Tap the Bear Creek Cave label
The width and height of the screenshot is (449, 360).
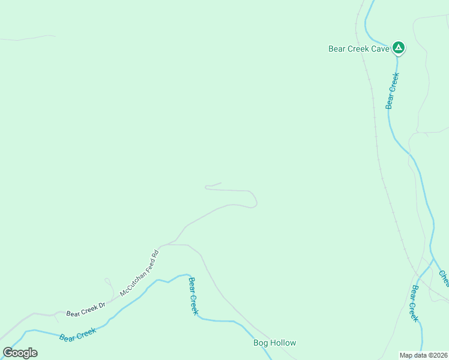coord(359,49)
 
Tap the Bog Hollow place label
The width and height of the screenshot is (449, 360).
coord(274,343)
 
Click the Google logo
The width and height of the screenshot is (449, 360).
coord(20,353)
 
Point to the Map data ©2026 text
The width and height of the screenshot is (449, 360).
coord(423,355)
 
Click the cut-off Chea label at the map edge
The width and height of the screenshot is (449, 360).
coord(444,278)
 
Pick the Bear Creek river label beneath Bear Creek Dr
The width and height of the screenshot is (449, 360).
coord(77,335)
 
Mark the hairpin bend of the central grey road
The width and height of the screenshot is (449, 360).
coord(255,199)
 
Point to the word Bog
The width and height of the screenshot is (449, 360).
coord(260,343)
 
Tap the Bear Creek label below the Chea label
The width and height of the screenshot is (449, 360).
coord(415,304)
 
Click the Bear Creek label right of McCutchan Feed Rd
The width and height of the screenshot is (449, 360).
coord(193,296)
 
